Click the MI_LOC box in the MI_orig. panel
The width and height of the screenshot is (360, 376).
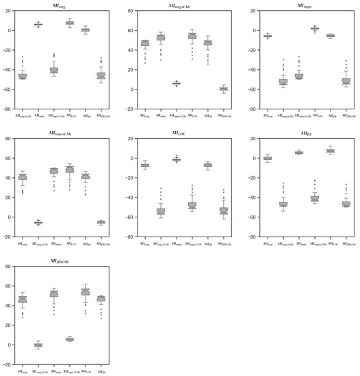69,23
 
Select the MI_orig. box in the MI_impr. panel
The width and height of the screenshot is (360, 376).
268,36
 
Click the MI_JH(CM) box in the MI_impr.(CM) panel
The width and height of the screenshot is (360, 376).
101,221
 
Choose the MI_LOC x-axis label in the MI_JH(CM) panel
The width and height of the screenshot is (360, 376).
86,370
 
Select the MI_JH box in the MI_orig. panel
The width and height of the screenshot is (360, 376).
85,30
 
